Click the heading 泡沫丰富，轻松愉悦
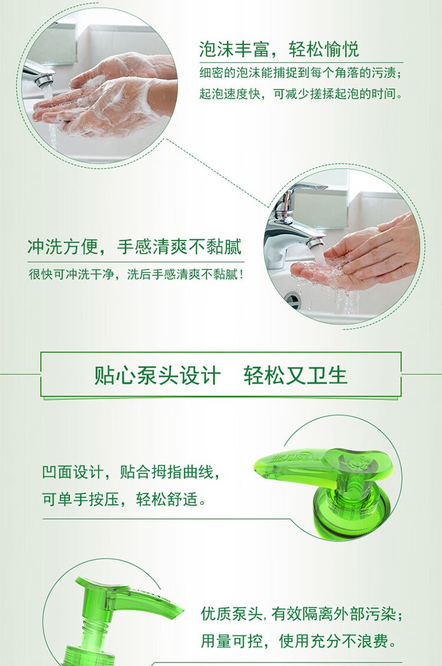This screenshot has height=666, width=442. [x=279, y=49]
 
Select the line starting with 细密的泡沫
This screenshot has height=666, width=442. [x=301, y=73]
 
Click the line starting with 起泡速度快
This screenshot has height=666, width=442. [x=301, y=94]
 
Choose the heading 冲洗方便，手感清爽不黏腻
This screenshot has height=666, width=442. [x=134, y=247]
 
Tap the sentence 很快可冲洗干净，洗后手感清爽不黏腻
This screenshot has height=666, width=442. [x=136, y=274]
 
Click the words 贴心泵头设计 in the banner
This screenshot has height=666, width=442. [x=157, y=375]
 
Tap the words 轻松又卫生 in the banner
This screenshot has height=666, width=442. [x=296, y=375]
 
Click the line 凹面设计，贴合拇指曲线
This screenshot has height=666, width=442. [x=131, y=471]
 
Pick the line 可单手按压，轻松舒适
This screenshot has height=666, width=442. [x=124, y=499]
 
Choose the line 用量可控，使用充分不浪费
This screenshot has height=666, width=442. [x=298, y=641]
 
